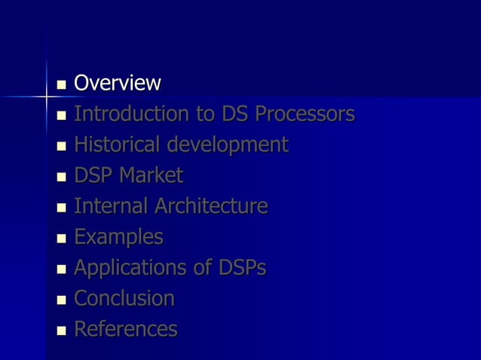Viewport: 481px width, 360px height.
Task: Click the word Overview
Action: pos(118,83)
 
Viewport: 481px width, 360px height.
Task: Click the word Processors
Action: pos(305,114)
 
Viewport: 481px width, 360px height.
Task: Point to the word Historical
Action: pos(118,144)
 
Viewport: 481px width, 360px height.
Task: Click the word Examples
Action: pos(118,237)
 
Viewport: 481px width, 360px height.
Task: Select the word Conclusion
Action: pos(124,298)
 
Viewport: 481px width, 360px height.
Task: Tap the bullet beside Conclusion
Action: pos(62,301)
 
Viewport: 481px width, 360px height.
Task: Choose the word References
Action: pos(126,329)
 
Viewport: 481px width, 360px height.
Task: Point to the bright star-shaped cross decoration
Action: pos(45,97)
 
